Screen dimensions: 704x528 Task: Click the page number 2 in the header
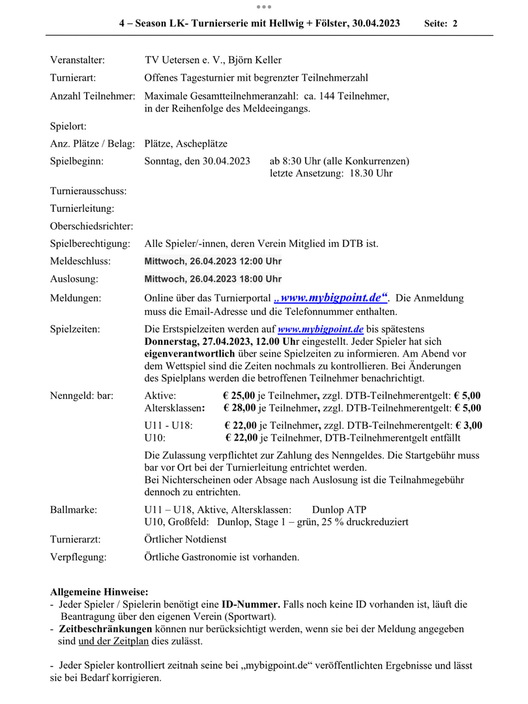click(x=455, y=23)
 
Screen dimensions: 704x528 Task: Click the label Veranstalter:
click(x=78, y=60)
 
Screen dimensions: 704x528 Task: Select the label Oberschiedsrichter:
click(x=91, y=226)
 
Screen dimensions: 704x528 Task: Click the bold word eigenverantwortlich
click(x=189, y=353)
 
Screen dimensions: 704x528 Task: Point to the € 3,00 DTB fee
click(x=468, y=425)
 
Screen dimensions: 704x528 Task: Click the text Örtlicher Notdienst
click(x=185, y=540)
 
